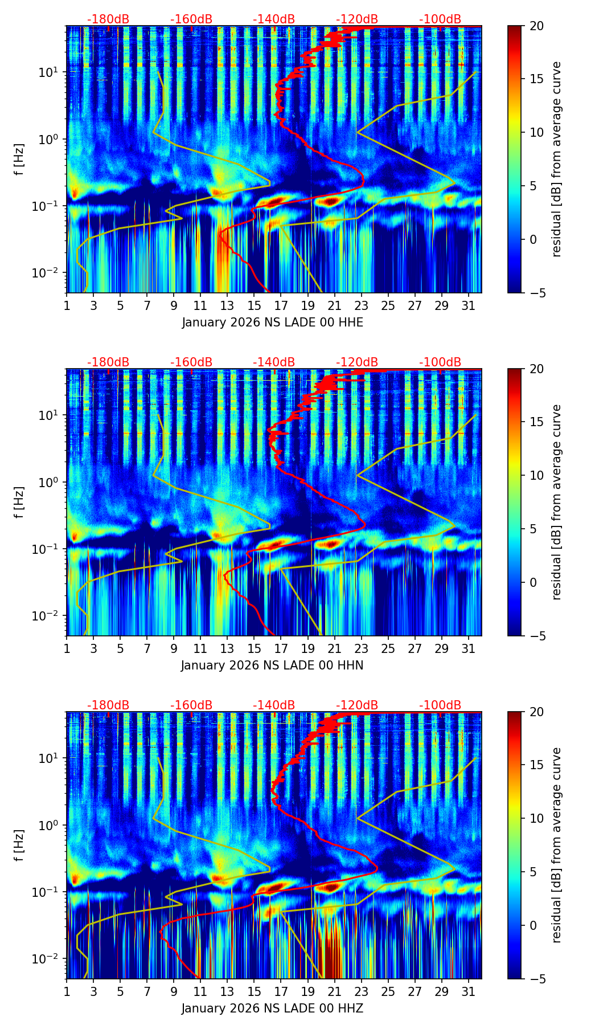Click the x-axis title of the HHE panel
[x=272, y=322]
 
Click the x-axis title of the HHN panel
[x=272, y=665]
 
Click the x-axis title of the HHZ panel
[x=272, y=1008]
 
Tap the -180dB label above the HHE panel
[x=108, y=19]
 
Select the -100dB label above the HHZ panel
[x=440, y=705]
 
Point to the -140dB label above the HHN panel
[x=274, y=362]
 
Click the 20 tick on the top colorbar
[x=536, y=26]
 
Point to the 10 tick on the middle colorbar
[x=536, y=475]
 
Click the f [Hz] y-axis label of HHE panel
[x=19, y=160]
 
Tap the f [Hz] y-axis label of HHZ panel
[x=19, y=846]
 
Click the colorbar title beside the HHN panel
[x=557, y=502]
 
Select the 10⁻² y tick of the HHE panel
[x=50, y=273]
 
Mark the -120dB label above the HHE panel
[x=357, y=19]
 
